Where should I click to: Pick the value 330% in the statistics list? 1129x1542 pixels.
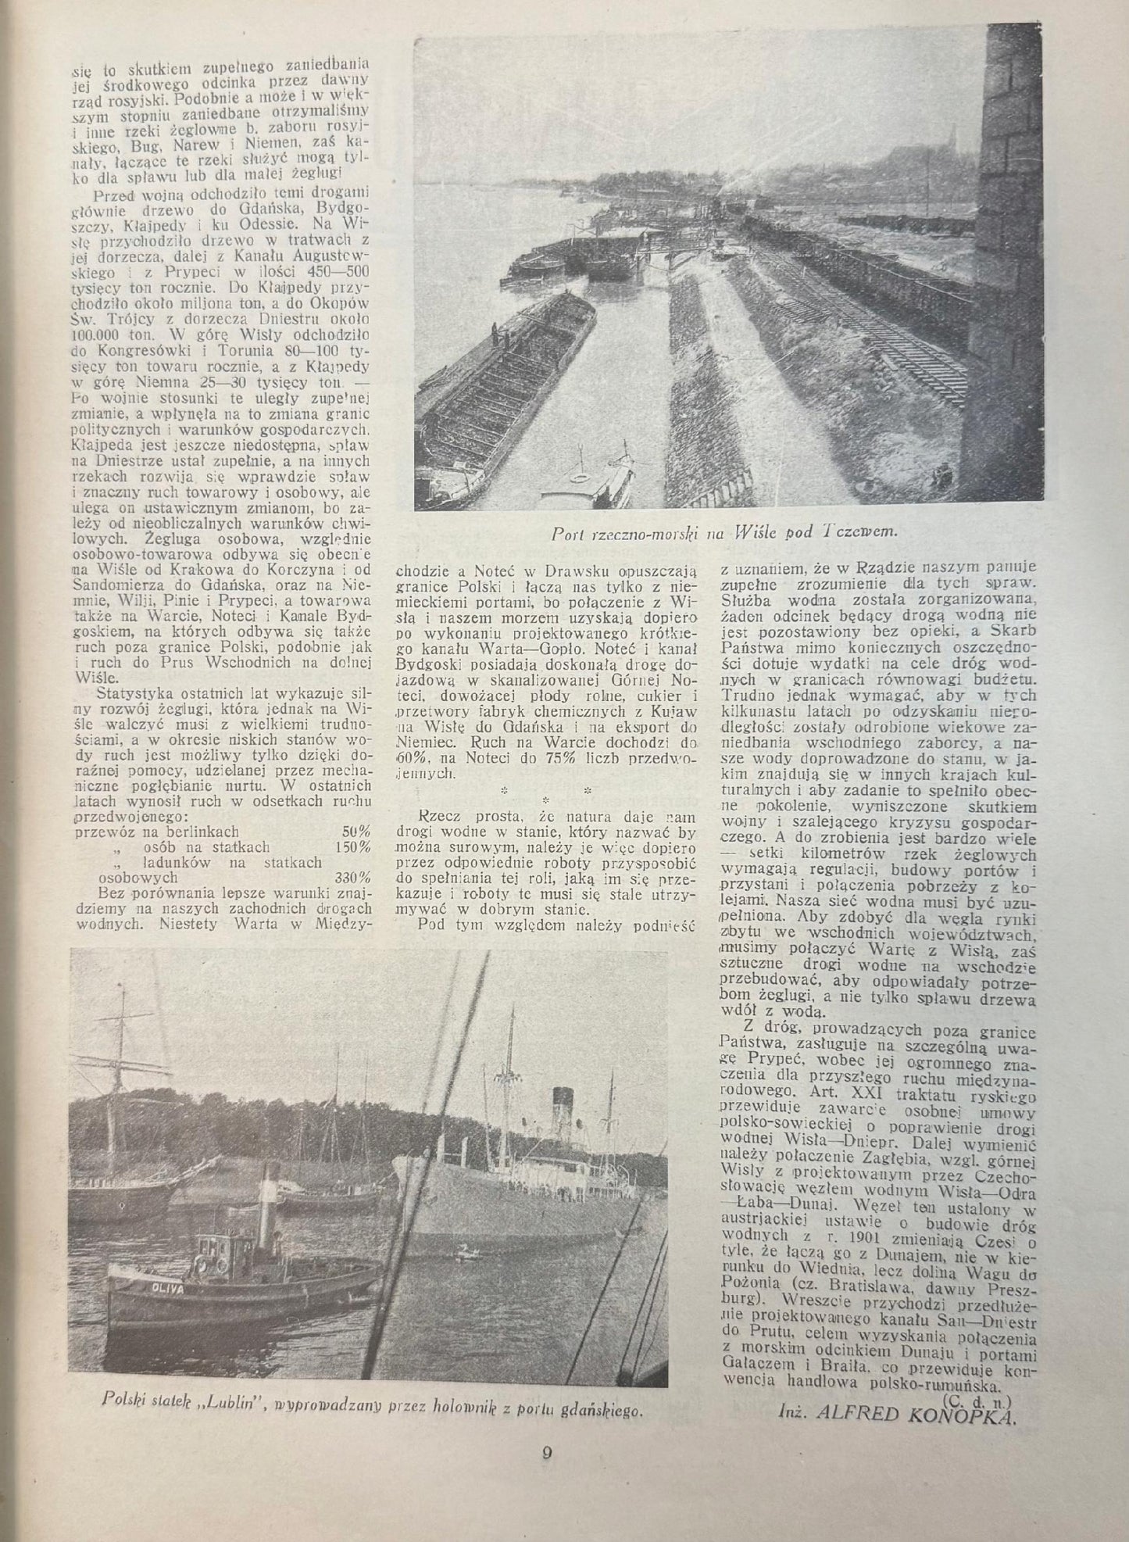[x=352, y=877]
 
